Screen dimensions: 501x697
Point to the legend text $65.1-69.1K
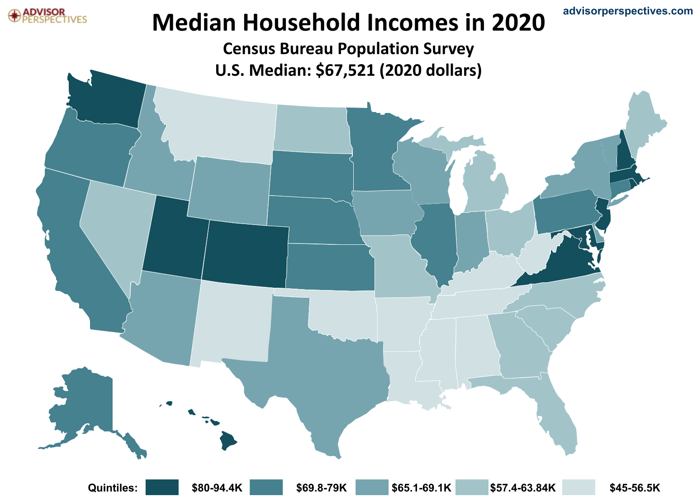[421, 488]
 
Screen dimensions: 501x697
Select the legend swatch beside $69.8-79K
[266, 488]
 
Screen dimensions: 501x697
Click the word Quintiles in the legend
[112, 488]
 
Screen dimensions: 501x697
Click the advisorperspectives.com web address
[627, 11]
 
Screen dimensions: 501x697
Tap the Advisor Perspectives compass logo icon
[15, 15]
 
